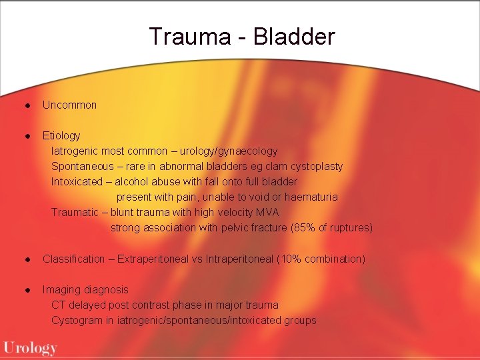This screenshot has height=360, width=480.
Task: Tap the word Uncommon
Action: tap(69, 105)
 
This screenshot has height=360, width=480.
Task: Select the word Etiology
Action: tap(61, 135)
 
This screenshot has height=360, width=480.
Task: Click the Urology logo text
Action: tap(31, 347)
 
